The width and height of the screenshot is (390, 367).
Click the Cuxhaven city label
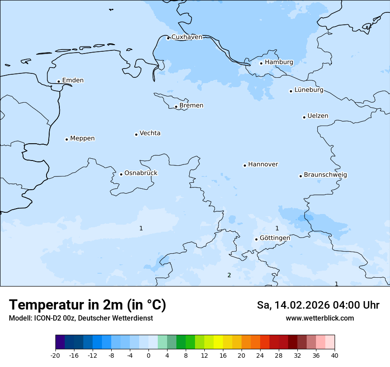tap(187, 37)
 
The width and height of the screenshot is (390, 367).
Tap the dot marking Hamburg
tap(261, 63)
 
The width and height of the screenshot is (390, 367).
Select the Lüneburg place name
tap(308, 90)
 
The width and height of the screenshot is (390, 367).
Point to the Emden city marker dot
tap(58, 81)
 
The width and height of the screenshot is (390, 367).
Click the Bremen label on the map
tap(191, 106)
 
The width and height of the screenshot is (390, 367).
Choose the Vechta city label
tap(150, 133)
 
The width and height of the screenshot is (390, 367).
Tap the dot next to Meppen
tap(66, 139)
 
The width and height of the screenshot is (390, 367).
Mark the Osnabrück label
tap(140, 173)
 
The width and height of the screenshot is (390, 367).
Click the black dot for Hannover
tap(245, 165)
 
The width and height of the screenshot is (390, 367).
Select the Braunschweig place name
tap(325, 175)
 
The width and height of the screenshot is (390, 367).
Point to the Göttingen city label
tap(274, 238)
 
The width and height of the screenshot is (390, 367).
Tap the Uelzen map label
tap(318, 116)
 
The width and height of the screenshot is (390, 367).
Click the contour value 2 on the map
tap(229, 275)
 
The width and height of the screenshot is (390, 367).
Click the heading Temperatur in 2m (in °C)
tap(87, 305)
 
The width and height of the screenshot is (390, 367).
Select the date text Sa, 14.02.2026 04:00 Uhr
tap(318, 305)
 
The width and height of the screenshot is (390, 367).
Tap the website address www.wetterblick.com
tap(320, 318)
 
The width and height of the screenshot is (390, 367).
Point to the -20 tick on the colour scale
tap(55, 355)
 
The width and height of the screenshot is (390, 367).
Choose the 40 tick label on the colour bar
tap(334, 355)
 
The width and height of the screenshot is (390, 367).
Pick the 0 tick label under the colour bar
tap(148, 355)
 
